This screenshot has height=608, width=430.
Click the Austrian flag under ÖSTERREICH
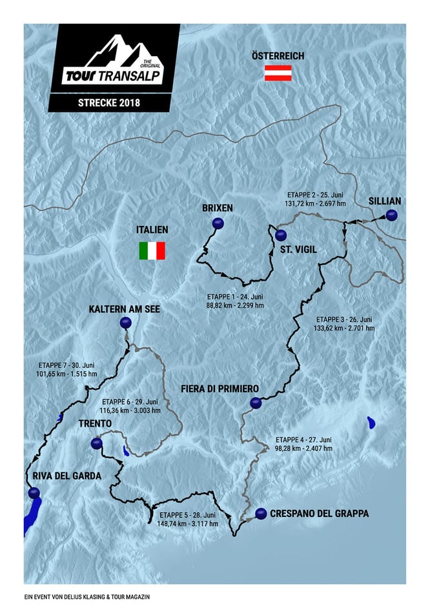pos(278,73)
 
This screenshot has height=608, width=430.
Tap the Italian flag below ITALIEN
pos(152,250)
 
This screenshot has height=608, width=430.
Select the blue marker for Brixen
pos(218,224)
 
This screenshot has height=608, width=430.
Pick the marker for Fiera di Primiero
pos(255,403)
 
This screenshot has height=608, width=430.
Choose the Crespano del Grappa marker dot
pos(261,514)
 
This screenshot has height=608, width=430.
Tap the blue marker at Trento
pos(96,443)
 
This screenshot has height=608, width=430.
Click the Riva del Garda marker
pos(34,493)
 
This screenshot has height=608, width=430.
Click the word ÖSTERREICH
pos(278,56)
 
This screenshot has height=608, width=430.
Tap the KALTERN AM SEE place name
pos(124,310)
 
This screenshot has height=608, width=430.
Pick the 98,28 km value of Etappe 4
pos(284,448)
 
